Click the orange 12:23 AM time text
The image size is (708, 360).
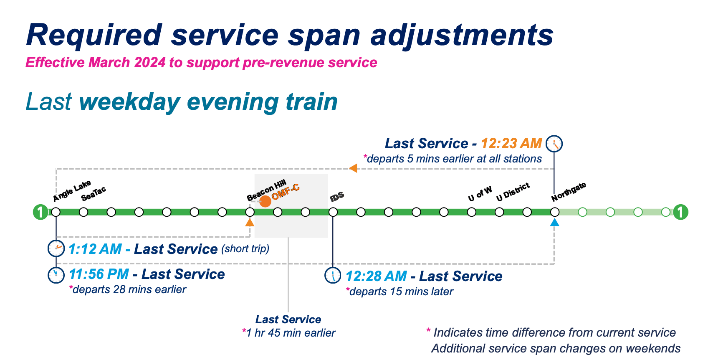(511, 144)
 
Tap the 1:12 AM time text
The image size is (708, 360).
(95, 249)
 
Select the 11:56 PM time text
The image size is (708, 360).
(99, 274)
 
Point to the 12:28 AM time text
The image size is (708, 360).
(376, 276)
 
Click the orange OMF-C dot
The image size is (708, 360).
(265, 201)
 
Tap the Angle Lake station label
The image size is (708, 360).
(72, 191)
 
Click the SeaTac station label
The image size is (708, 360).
(94, 194)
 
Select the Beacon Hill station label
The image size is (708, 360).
(266, 190)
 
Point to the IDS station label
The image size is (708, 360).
(337, 197)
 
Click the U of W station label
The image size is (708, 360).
(480, 194)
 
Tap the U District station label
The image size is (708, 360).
(513, 192)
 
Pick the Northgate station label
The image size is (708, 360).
(569, 192)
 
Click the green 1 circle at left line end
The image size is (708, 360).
(40, 212)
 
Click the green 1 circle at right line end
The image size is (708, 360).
(680, 212)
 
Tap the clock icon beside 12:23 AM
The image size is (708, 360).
(554, 144)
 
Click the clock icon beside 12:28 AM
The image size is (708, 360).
(333, 276)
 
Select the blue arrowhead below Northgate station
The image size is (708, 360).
(554, 223)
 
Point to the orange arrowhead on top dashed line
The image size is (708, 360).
(353, 168)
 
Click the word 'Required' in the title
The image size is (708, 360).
(94, 35)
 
